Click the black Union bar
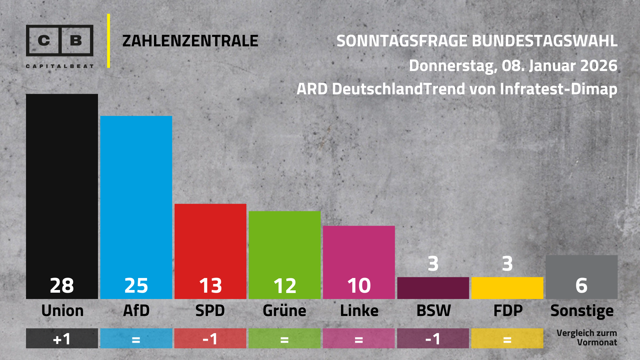62,187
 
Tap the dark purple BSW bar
433,288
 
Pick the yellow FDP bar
507,288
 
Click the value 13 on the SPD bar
210,286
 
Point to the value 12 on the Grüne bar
285,286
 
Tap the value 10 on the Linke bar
359,286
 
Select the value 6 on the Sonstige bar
581,286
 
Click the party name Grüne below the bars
284,311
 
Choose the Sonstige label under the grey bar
582,311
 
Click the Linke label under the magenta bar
359,311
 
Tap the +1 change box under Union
62,339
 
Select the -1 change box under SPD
210,339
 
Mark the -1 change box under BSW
433,339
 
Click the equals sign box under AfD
136,339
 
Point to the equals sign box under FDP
507,339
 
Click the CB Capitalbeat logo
60,45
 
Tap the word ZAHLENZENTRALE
190,41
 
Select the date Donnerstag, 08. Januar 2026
513,66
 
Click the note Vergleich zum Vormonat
587,338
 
